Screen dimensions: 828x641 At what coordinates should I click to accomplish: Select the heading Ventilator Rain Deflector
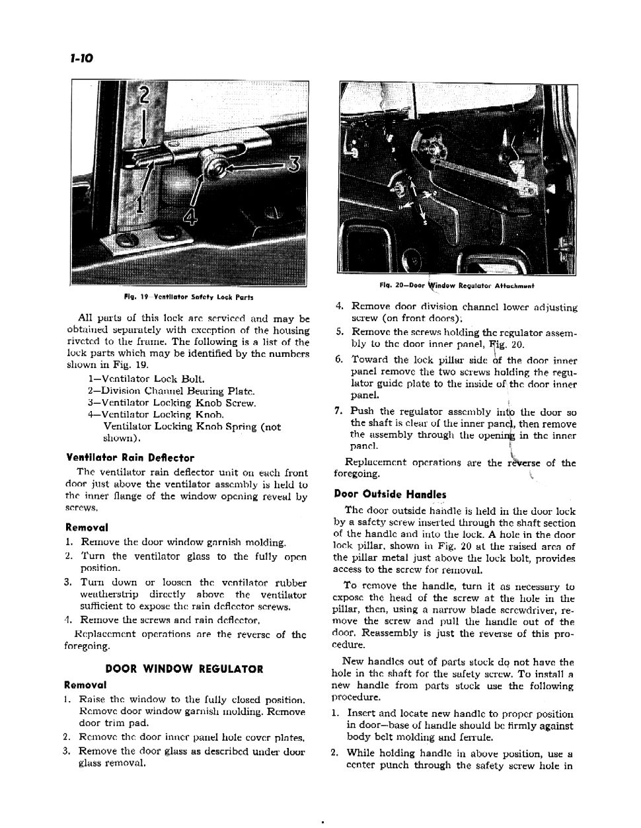point(130,457)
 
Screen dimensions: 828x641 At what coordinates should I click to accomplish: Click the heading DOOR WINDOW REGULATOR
point(184,669)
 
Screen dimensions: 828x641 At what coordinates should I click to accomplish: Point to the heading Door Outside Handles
point(390,494)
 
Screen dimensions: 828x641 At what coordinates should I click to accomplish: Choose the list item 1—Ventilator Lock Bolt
point(146,379)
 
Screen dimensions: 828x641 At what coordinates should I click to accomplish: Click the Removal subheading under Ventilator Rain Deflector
point(87,527)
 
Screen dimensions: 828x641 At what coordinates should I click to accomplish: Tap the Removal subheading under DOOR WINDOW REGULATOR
point(85,684)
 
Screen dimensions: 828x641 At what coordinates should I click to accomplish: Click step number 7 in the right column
point(338,411)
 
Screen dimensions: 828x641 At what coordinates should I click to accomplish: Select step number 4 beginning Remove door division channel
point(339,307)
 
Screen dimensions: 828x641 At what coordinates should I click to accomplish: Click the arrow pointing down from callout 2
point(144,129)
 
